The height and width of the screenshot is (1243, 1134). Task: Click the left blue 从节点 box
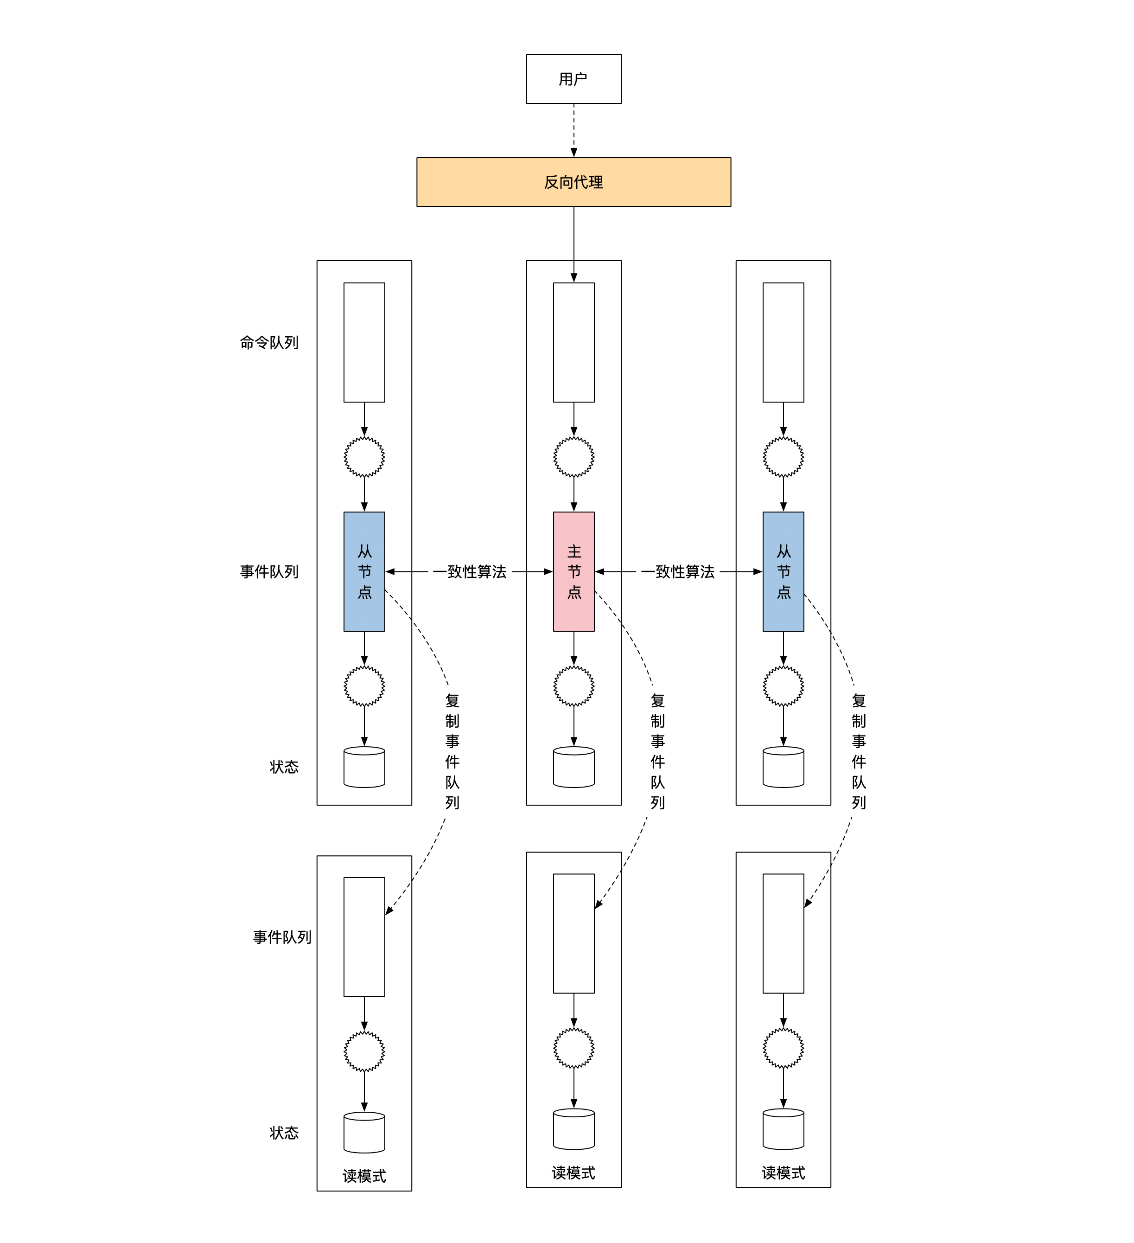point(364,571)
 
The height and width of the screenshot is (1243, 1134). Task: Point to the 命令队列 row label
point(269,343)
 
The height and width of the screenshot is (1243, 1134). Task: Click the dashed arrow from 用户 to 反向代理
point(574,129)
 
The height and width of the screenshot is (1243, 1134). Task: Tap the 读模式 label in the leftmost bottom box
point(364,1176)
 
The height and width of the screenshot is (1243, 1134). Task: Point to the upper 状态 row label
point(284,767)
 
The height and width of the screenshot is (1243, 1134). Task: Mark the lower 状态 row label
point(284,1133)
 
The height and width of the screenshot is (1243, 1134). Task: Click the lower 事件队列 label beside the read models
point(282,938)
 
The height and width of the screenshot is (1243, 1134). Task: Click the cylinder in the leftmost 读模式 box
point(364,1133)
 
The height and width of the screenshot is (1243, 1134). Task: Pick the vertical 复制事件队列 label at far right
point(859,751)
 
